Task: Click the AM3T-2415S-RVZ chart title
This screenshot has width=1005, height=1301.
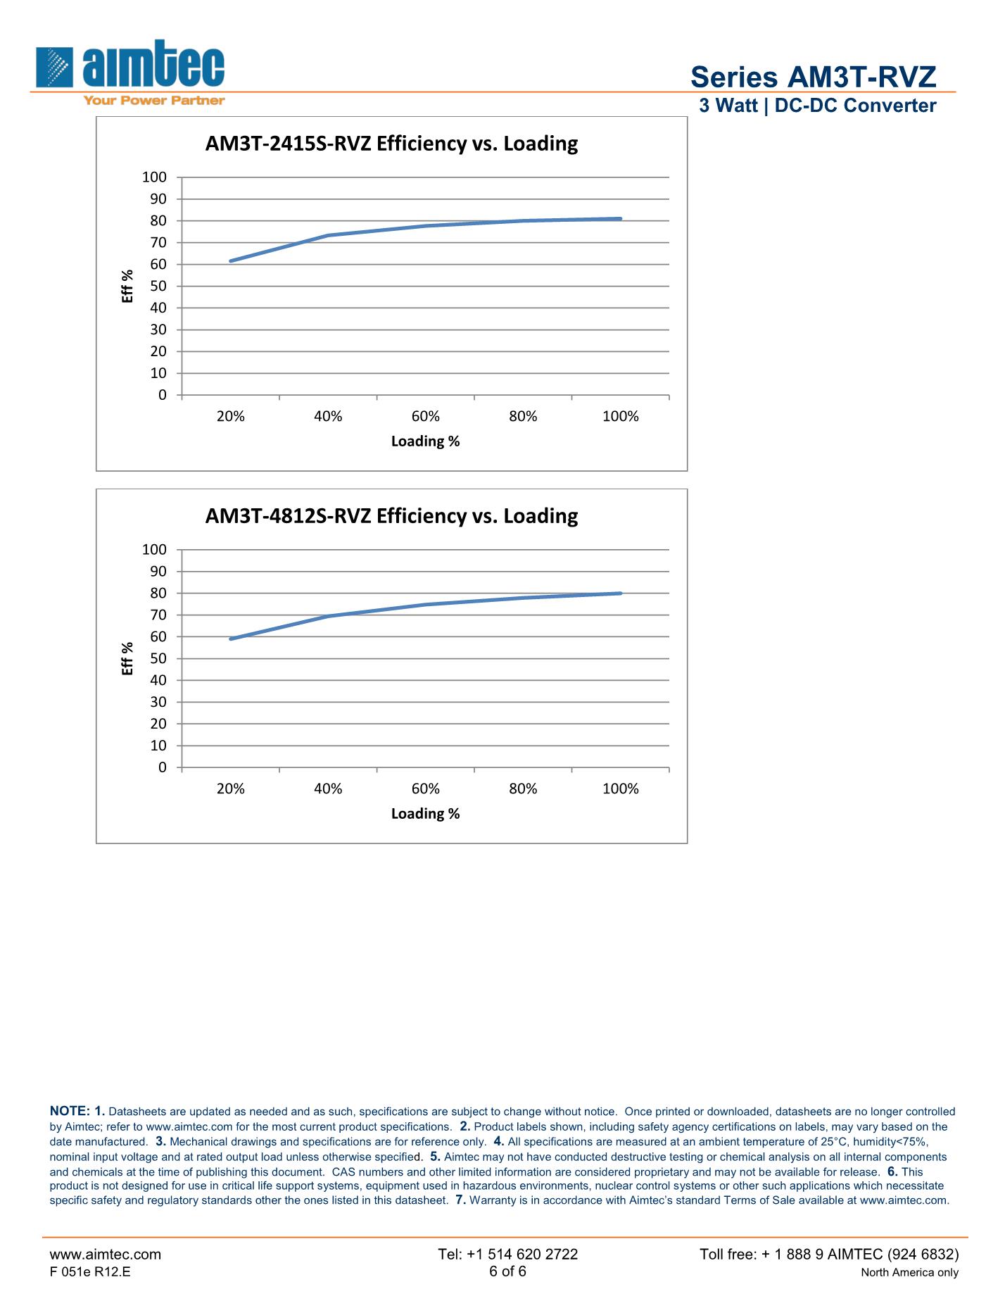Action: (x=391, y=144)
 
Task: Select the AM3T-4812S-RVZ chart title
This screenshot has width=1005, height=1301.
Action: (x=391, y=516)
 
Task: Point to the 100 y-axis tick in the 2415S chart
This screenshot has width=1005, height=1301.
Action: (x=154, y=177)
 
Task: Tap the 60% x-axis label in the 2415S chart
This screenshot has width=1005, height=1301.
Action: (x=425, y=416)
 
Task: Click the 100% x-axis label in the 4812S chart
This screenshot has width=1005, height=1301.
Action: (x=620, y=788)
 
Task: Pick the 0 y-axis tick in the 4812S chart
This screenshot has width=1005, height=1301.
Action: (x=162, y=767)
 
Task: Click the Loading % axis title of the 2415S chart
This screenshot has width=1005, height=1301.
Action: (x=425, y=441)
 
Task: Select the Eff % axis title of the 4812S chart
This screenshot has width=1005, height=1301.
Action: (x=127, y=658)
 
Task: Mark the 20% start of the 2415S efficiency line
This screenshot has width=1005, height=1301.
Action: (x=231, y=261)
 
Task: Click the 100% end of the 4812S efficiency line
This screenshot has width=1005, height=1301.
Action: (x=620, y=593)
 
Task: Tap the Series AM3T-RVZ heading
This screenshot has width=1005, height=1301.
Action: (x=813, y=77)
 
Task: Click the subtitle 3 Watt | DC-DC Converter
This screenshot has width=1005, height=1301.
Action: (x=817, y=106)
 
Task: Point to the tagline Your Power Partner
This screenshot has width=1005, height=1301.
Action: (x=154, y=101)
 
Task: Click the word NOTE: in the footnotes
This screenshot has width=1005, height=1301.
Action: (x=69, y=1111)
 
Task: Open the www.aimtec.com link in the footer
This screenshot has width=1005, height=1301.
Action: (x=105, y=1254)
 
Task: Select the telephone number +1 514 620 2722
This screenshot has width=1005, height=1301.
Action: (x=507, y=1254)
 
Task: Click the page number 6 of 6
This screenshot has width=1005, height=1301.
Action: (x=507, y=1271)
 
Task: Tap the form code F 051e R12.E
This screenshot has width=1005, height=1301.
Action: (x=89, y=1271)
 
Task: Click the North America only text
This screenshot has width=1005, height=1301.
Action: (x=909, y=1272)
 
